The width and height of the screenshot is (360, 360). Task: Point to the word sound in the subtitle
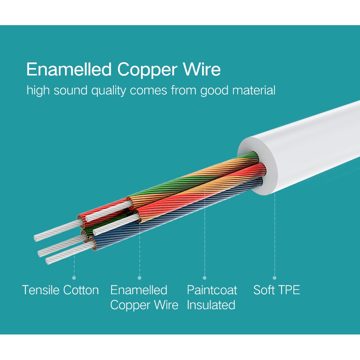70,91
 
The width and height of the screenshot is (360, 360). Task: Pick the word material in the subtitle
254,91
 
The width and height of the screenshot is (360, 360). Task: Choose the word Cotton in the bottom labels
81,290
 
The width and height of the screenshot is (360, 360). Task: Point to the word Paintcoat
212,290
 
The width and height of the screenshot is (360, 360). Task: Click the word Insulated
211,305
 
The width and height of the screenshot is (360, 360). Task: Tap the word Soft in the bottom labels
265,290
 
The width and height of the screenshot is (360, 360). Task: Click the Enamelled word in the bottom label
139,290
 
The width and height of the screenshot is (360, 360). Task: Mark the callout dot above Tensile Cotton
74,278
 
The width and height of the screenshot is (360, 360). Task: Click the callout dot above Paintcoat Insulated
205,278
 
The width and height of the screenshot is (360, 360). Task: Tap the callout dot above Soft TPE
274,278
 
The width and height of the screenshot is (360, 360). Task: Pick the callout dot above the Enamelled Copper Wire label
139,278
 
